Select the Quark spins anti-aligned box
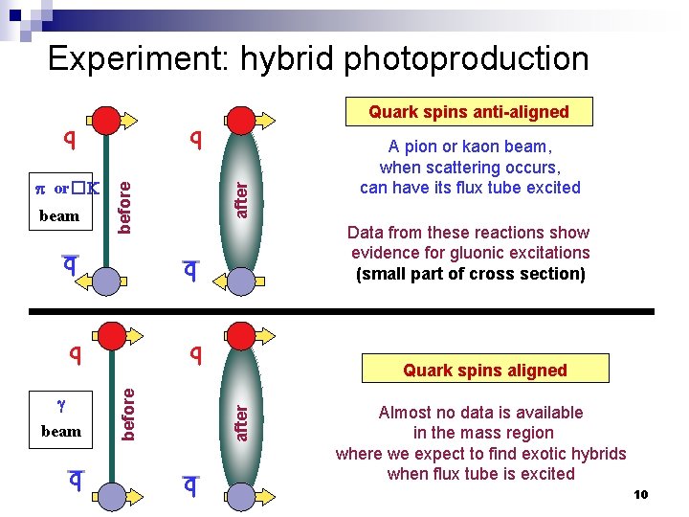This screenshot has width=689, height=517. pyautogui.click(x=469, y=112)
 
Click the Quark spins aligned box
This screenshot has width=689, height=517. pyautogui.click(x=484, y=371)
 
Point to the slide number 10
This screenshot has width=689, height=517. pyautogui.click(x=640, y=494)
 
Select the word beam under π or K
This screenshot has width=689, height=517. pyautogui.click(x=59, y=216)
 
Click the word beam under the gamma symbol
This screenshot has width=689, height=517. pyautogui.click(x=60, y=431)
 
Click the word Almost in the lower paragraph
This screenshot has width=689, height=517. pyautogui.click(x=404, y=413)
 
